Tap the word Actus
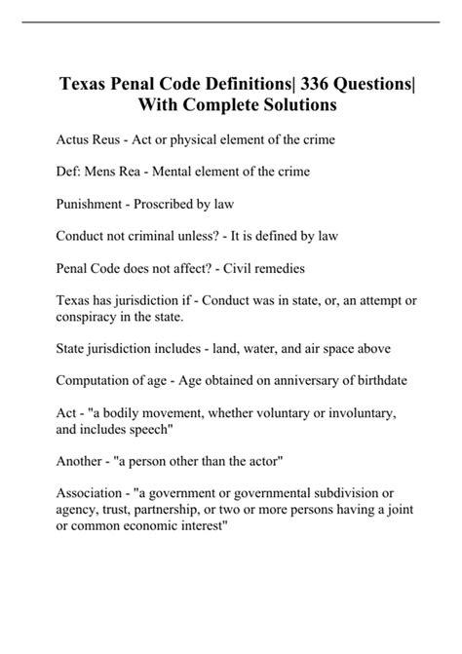76,140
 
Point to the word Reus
116,140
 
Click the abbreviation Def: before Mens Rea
70,173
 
